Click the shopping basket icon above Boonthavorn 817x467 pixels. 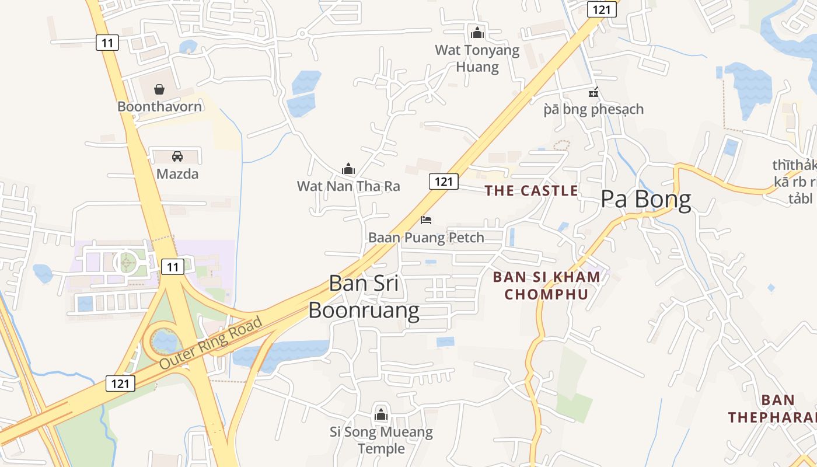159,89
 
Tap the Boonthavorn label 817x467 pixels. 159,106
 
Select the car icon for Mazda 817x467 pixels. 177,156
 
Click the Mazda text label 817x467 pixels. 177,173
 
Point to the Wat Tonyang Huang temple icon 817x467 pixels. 477,33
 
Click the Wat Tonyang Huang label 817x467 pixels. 477,58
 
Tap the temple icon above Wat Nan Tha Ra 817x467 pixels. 348,169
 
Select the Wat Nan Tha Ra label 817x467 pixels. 348,186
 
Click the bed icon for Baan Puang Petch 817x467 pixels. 426,220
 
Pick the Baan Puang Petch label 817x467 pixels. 426,238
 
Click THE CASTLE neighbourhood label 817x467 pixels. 532,190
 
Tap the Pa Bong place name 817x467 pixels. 646,200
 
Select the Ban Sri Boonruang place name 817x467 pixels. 364,297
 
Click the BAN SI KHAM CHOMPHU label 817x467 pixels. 546,285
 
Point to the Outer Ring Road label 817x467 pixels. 211,343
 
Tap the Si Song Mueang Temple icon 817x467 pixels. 381,415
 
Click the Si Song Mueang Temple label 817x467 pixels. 381,440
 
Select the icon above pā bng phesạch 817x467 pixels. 593,92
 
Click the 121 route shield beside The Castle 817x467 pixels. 444,181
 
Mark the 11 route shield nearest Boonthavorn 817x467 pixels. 107,42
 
